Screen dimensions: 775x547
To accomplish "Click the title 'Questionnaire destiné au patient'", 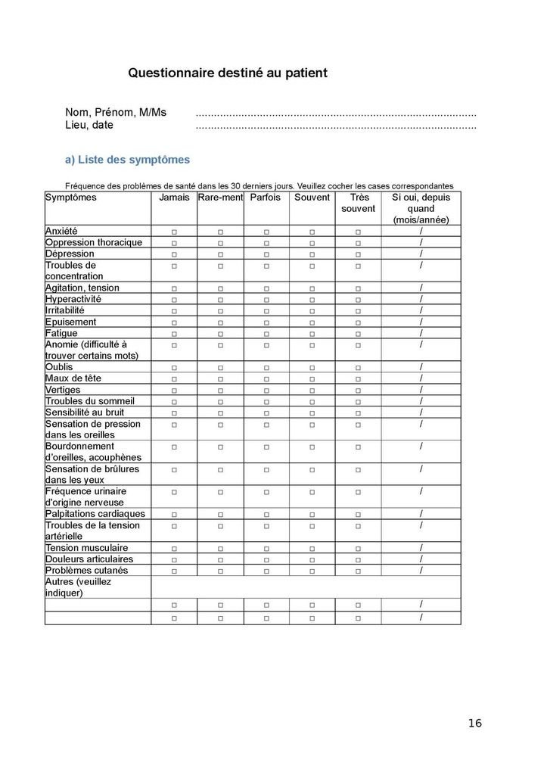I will [x=228, y=73].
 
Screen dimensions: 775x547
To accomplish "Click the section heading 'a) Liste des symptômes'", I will [x=127, y=160].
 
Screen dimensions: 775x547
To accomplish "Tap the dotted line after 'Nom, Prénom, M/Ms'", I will [x=335, y=114].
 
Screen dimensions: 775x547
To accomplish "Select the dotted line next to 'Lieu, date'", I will [x=335, y=127].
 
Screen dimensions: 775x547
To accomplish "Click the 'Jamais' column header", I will [x=175, y=198].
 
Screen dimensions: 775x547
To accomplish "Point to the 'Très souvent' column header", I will [x=358, y=203].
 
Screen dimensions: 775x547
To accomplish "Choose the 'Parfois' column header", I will [x=266, y=198].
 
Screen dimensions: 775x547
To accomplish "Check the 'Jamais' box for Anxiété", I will [x=174, y=232].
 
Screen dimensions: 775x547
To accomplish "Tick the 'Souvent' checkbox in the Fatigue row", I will [x=312, y=334].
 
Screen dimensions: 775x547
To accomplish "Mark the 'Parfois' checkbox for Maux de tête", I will [x=266, y=378].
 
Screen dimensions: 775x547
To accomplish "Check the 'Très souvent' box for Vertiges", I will [x=358, y=390].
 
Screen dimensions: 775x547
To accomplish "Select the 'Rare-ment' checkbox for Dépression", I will [x=220, y=254].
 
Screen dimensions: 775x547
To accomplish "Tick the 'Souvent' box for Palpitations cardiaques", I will [x=312, y=515].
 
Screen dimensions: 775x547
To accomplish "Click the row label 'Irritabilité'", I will [x=65, y=310].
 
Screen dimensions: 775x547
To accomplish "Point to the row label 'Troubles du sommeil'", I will [x=90, y=401].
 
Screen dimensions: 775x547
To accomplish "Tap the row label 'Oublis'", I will [x=59, y=367].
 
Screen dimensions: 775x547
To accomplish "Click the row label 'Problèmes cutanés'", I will [x=86, y=571].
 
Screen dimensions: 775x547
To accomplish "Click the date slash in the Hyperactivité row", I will [x=421, y=299].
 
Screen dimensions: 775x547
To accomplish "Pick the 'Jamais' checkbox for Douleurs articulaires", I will [x=174, y=559].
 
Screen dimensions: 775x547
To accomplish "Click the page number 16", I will [x=474, y=723].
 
